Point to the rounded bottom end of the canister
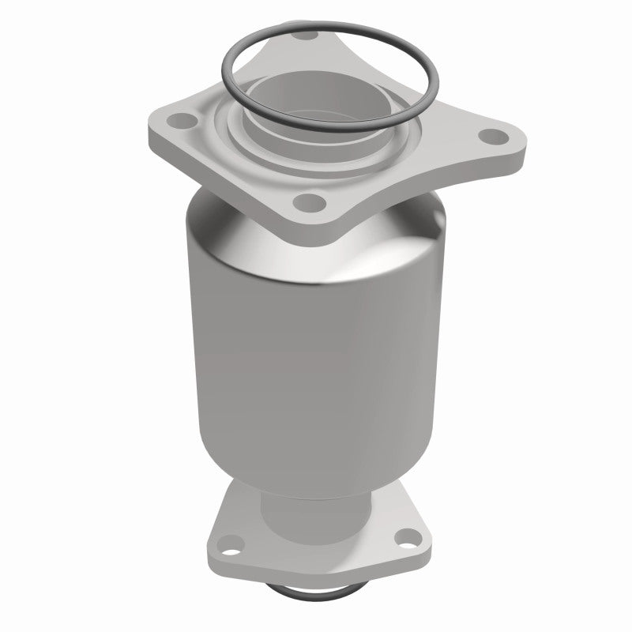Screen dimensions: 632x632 [x=316, y=482]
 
